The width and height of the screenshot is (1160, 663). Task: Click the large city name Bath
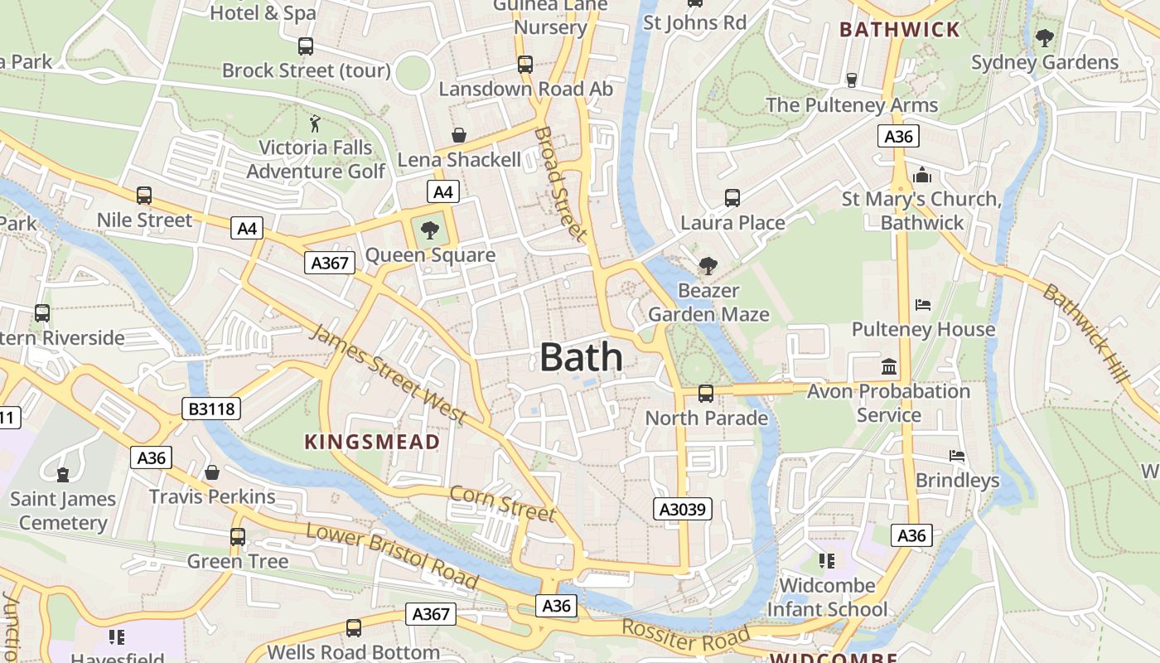(581, 357)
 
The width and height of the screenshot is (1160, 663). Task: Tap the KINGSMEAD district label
(372, 442)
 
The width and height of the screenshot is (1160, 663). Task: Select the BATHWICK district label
(899, 30)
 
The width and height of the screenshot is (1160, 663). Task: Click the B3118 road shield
(210, 408)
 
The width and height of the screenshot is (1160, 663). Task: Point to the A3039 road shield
(683, 508)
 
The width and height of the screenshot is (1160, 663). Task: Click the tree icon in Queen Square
(429, 230)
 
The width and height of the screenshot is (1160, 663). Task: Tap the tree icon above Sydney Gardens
(1044, 37)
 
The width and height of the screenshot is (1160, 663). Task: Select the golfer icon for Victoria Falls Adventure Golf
(315, 124)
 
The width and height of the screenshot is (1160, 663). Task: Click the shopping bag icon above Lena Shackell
(458, 134)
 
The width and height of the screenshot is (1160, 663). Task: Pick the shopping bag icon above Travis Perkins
(212, 472)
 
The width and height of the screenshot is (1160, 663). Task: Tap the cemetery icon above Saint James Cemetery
(63, 474)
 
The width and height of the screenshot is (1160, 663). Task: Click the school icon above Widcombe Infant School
(826, 561)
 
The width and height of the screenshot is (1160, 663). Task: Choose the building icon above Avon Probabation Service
(889, 366)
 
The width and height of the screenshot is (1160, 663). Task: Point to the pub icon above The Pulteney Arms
(851, 80)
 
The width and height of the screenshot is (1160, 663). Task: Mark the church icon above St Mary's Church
(921, 175)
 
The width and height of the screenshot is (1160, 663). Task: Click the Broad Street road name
(560, 184)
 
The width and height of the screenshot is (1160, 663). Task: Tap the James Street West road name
(388, 375)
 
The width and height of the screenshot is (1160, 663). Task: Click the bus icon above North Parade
(706, 394)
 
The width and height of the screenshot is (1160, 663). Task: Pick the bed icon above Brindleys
(957, 456)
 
